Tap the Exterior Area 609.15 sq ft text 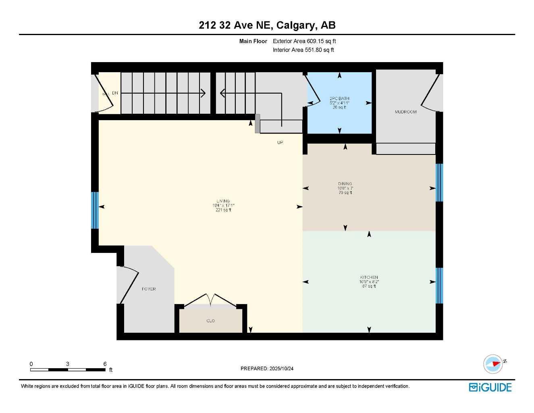304,41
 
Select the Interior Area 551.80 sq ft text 303,50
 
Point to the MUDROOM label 405,112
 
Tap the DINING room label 345,184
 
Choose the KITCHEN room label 369,277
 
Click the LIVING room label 223,201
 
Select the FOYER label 149,289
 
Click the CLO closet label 210,321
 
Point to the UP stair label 280,142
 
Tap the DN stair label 115,93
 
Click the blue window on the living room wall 95,210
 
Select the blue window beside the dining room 439,182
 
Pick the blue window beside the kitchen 439,286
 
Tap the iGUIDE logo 490,388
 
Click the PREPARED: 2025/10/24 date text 267,369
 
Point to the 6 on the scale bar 105,364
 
